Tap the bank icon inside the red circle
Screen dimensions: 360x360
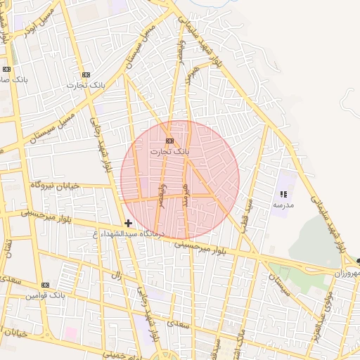pos(169,141)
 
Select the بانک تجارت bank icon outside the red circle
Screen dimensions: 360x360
pos(86,75)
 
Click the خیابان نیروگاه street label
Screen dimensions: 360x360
pos(56,185)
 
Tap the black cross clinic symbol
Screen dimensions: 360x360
pos(128,224)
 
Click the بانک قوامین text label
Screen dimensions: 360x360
pos(46,295)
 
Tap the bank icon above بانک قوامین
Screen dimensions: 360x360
pos(46,285)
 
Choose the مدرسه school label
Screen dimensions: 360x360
pos(283,205)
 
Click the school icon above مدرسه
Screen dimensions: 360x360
pos(283,194)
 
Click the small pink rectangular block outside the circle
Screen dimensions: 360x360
pos(71,332)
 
